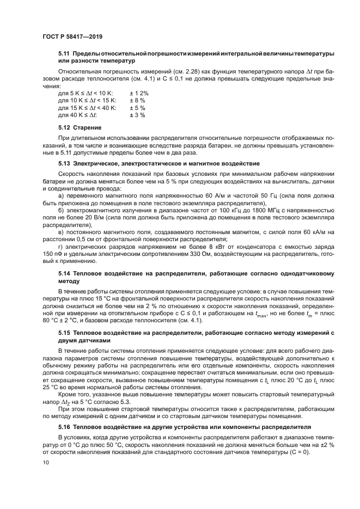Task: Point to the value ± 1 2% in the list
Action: tap(139, 93)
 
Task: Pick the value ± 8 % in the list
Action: tap(137, 100)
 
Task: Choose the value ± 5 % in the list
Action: tap(137, 108)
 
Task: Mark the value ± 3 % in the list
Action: tap(137, 115)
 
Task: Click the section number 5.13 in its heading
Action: tap(64, 163)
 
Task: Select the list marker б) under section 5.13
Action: tap(61, 209)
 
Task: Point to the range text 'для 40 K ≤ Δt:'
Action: tap(77, 115)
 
